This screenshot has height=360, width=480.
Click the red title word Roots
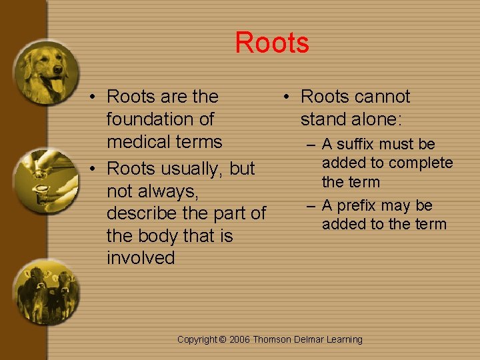[272, 43]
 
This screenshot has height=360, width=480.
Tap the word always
[167, 191]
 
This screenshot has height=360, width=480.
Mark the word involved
[141, 258]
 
